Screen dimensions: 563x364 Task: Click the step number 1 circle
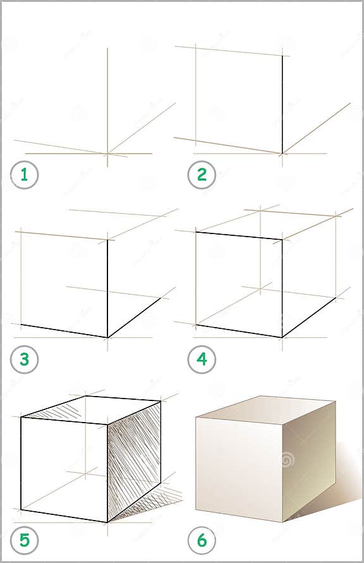(25, 175)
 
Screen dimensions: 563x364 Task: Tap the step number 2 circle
(202, 175)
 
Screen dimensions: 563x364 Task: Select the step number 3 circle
(25, 359)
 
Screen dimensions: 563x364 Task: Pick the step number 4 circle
(202, 359)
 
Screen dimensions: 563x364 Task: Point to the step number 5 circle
(25, 541)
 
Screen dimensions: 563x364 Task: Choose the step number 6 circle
(202, 541)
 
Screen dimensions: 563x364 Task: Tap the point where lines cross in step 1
(107, 153)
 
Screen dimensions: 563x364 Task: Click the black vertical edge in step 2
(282, 104)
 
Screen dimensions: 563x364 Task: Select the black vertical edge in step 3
(107, 288)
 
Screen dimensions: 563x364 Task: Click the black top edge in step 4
(239, 236)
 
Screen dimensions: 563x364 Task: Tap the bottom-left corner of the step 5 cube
(21, 509)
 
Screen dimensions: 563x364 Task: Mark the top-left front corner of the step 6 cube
(196, 418)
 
